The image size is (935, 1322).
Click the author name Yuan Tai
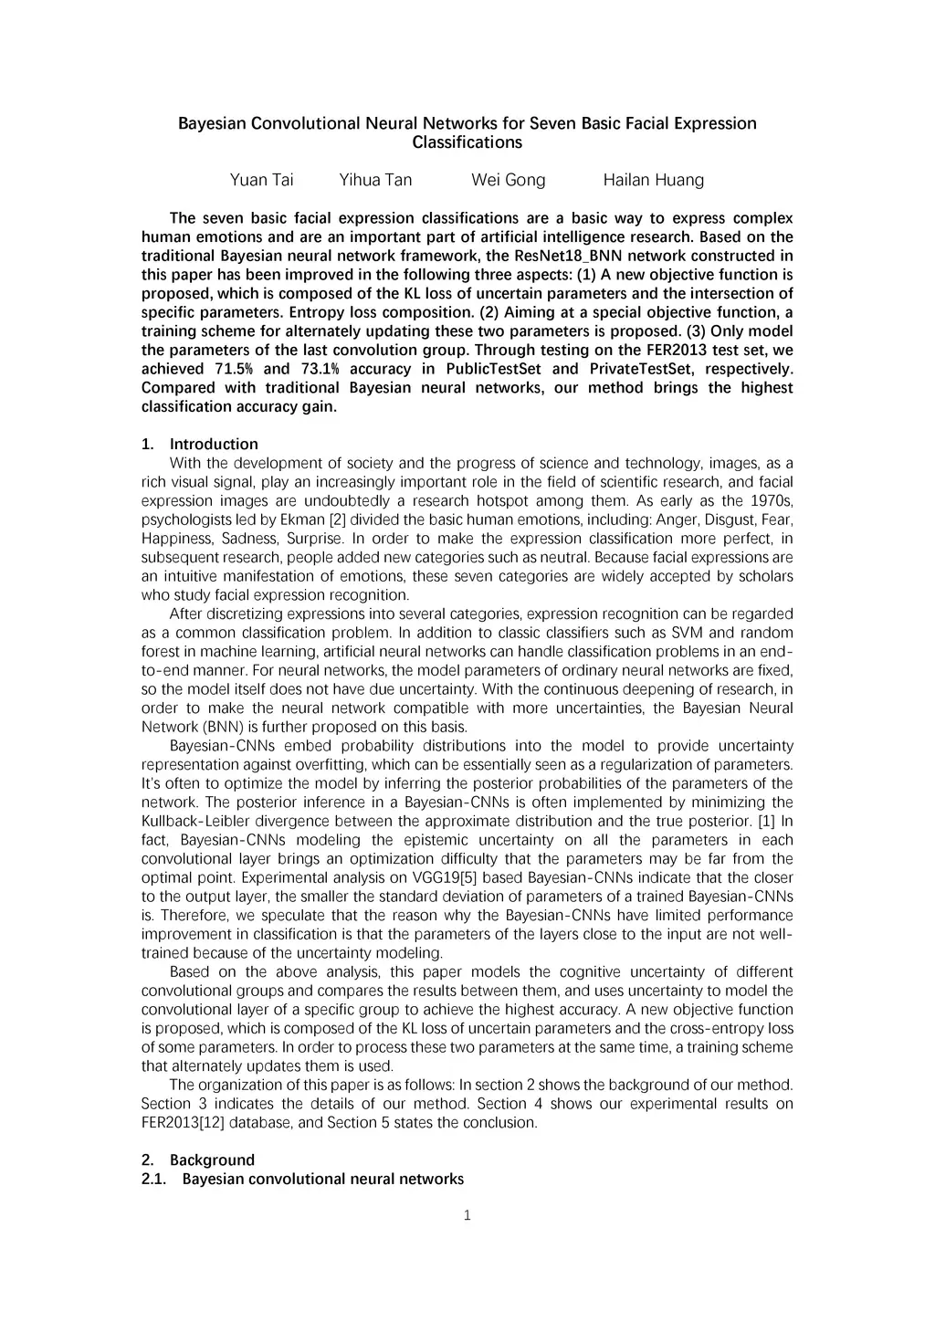[261, 180]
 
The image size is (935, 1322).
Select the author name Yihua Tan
[375, 180]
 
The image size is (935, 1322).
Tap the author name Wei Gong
[508, 180]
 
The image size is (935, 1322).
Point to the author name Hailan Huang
[653, 180]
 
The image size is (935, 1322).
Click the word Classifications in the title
[467, 142]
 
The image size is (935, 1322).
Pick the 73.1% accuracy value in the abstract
[319, 369]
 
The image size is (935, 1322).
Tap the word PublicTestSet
[493, 369]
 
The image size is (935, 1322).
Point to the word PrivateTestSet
[641, 369]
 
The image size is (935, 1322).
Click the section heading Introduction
[214, 445]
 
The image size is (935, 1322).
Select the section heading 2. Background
[198, 1160]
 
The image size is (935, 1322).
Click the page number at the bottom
[467, 1215]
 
